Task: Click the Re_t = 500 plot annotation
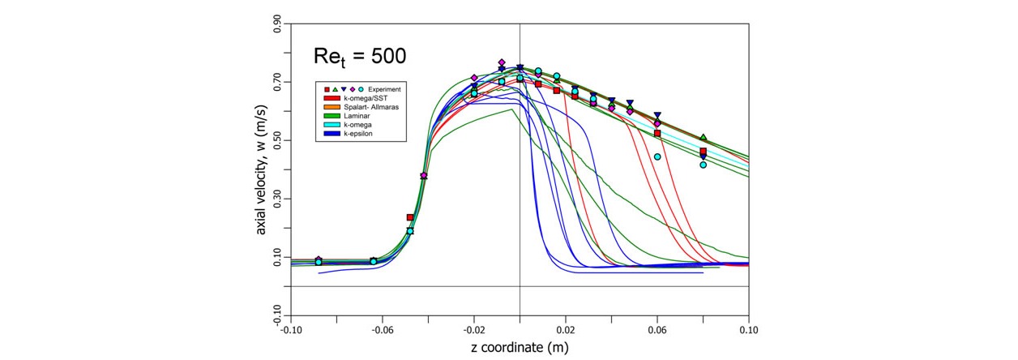coord(359,56)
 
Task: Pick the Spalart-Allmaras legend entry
coord(368,107)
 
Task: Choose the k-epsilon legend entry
coord(359,135)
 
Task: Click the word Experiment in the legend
coord(384,88)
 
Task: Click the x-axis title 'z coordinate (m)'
coord(519,349)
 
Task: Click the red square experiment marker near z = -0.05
coord(410,217)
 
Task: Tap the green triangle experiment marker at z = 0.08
coord(704,137)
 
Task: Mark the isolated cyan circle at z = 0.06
coord(657,157)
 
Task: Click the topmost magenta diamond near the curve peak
coord(502,62)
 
